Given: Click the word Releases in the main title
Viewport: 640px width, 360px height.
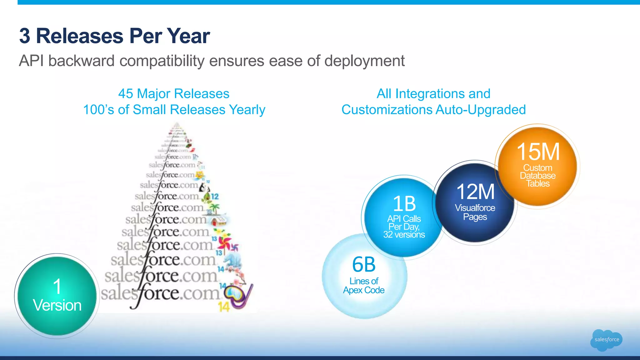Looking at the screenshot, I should point(80,36).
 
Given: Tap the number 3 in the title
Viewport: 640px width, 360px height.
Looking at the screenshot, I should point(25,36).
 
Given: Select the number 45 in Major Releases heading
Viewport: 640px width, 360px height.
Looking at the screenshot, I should point(126,94).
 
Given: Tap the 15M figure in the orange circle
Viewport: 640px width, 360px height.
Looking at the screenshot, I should point(538,152).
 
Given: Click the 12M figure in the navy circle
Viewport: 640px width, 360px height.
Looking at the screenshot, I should point(475,192).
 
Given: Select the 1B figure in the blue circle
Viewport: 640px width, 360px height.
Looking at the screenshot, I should point(404,204).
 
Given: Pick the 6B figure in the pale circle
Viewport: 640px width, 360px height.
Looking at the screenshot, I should point(364,265).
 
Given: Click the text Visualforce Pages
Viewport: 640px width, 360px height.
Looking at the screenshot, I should point(475,212).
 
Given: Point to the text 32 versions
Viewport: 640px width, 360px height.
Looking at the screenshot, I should point(404,235).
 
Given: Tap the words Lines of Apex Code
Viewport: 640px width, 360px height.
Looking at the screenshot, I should point(364,286).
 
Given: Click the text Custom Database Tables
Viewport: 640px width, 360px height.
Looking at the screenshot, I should point(537,176).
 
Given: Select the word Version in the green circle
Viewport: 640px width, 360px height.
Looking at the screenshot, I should point(57,305).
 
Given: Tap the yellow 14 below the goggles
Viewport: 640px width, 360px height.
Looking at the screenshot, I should point(224,307).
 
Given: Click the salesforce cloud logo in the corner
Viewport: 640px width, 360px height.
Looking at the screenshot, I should point(606,340).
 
